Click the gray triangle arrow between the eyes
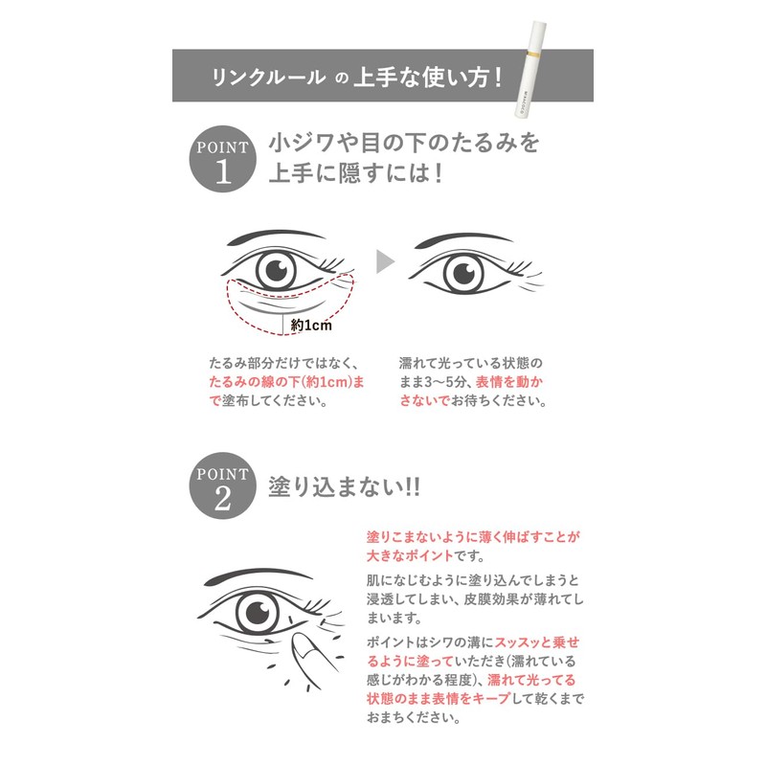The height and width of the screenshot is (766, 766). pyautogui.click(x=385, y=261)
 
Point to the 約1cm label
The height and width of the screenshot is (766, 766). pyautogui.click(x=310, y=326)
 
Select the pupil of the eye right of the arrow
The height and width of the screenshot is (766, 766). pyautogui.click(x=466, y=271)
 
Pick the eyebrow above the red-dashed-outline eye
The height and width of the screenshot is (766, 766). pyautogui.click(x=268, y=235)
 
